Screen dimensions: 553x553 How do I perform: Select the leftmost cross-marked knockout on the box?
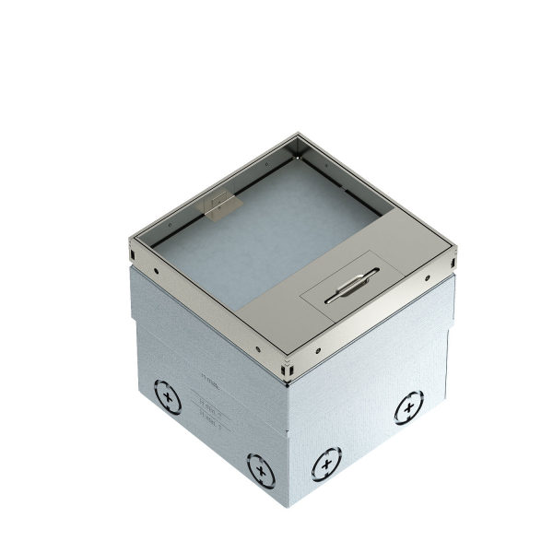tap(167, 398)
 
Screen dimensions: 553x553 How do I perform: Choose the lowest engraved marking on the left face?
tap(212, 421)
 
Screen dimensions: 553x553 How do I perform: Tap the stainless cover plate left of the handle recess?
tap(276, 313)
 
